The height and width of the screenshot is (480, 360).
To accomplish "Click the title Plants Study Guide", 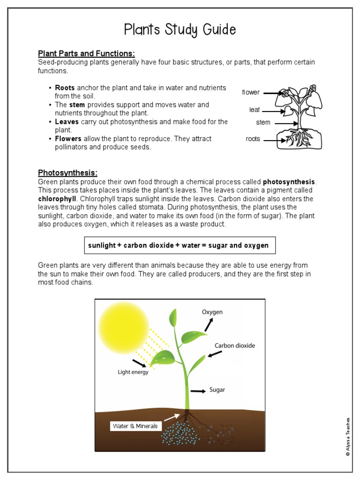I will (180, 30).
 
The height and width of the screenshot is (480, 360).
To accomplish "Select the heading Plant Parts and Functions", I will (86, 53).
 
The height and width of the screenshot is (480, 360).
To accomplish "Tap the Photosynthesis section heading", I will (67, 172).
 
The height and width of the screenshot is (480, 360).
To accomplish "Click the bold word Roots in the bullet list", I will (65, 88).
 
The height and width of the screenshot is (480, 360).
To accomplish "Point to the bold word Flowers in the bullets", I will (68, 139).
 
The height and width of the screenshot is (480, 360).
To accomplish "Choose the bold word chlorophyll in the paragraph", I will (56, 199).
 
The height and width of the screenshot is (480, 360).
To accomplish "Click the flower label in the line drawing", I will (251, 92).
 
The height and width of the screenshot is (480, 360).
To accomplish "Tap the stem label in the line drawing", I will (263, 122).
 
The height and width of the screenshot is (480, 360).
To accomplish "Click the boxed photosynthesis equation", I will (179, 245).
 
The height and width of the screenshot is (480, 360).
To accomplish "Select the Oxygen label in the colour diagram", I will (212, 312).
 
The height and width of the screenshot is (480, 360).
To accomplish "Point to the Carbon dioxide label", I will (235, 345).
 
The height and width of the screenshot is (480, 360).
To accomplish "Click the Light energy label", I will (133, 372).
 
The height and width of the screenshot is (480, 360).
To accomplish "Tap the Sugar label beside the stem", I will (217, 390).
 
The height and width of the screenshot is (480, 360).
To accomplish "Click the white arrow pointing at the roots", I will (172, 416).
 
